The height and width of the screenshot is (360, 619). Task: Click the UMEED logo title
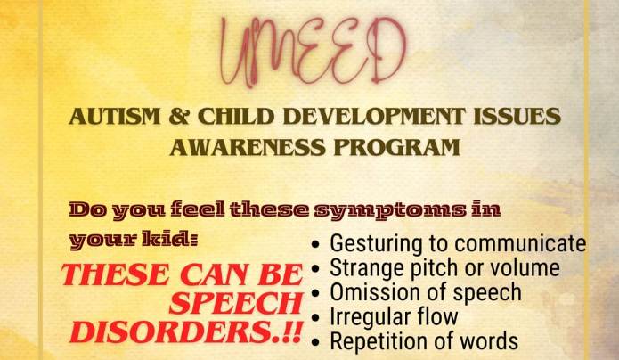point(314,51)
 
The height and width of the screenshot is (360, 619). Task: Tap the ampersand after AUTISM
point(179,116)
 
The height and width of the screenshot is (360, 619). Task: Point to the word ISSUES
point(517,116)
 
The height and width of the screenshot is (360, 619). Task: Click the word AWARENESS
point(248,147)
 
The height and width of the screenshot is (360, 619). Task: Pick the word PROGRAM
point(396,147)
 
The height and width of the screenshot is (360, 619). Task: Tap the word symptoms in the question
point(389,210)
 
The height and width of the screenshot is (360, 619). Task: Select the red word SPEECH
point(236,303)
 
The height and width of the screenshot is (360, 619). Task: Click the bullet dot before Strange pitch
point(315,269)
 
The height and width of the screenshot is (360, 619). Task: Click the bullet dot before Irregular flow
point(315,318)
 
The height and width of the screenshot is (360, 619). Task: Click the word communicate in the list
point(519,243)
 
